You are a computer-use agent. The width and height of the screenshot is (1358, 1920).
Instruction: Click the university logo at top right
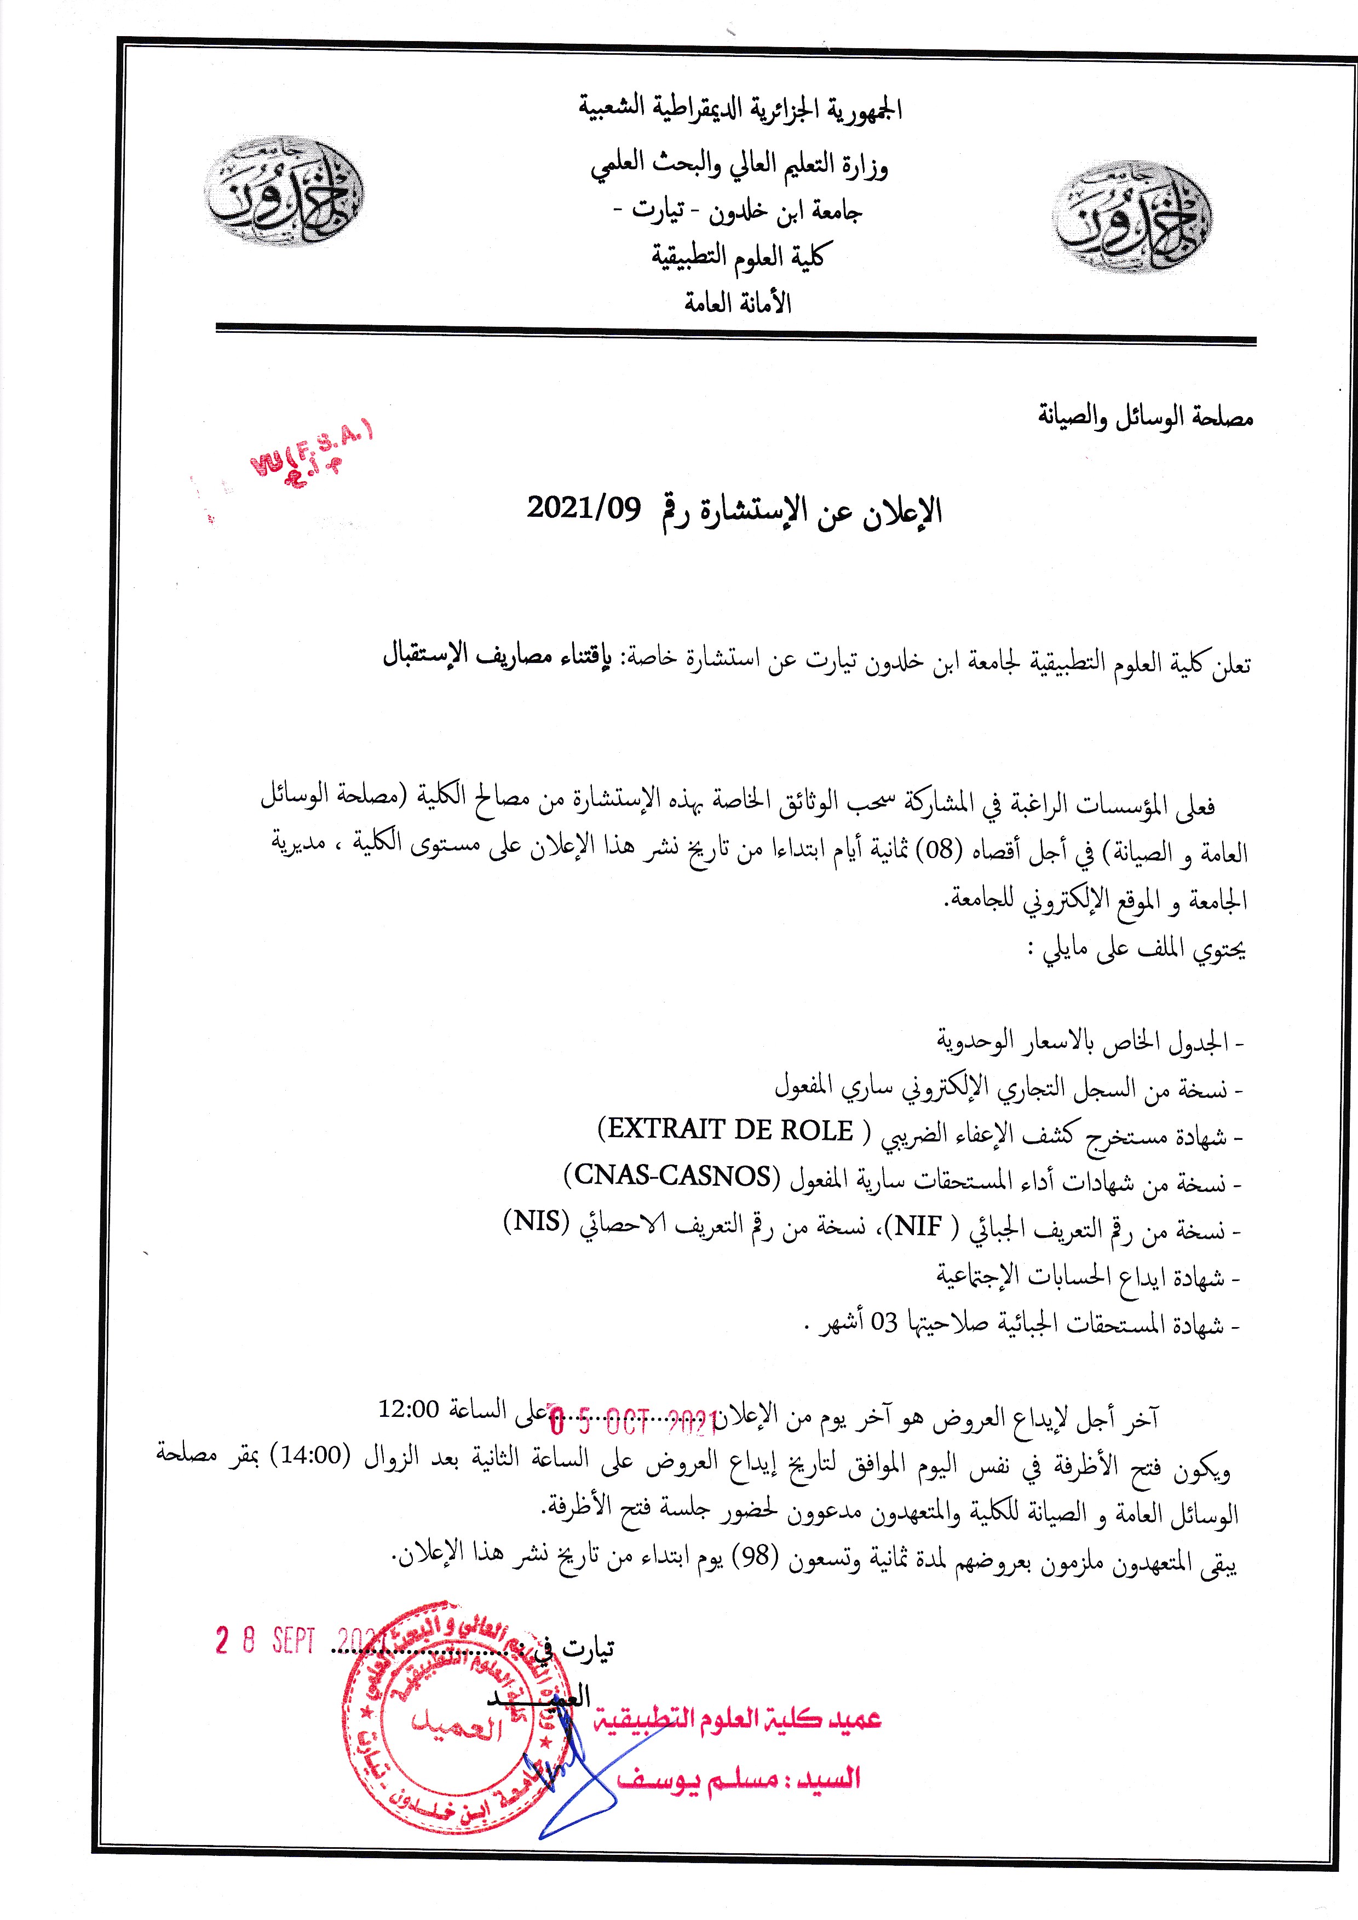pyautogui.click(x=1133, y=217)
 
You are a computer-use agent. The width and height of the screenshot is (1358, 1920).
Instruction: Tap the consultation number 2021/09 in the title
pyautogui.click(x=584, y=507)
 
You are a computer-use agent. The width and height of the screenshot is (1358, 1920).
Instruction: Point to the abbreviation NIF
pyautogui.click(x=919, y=1227)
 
